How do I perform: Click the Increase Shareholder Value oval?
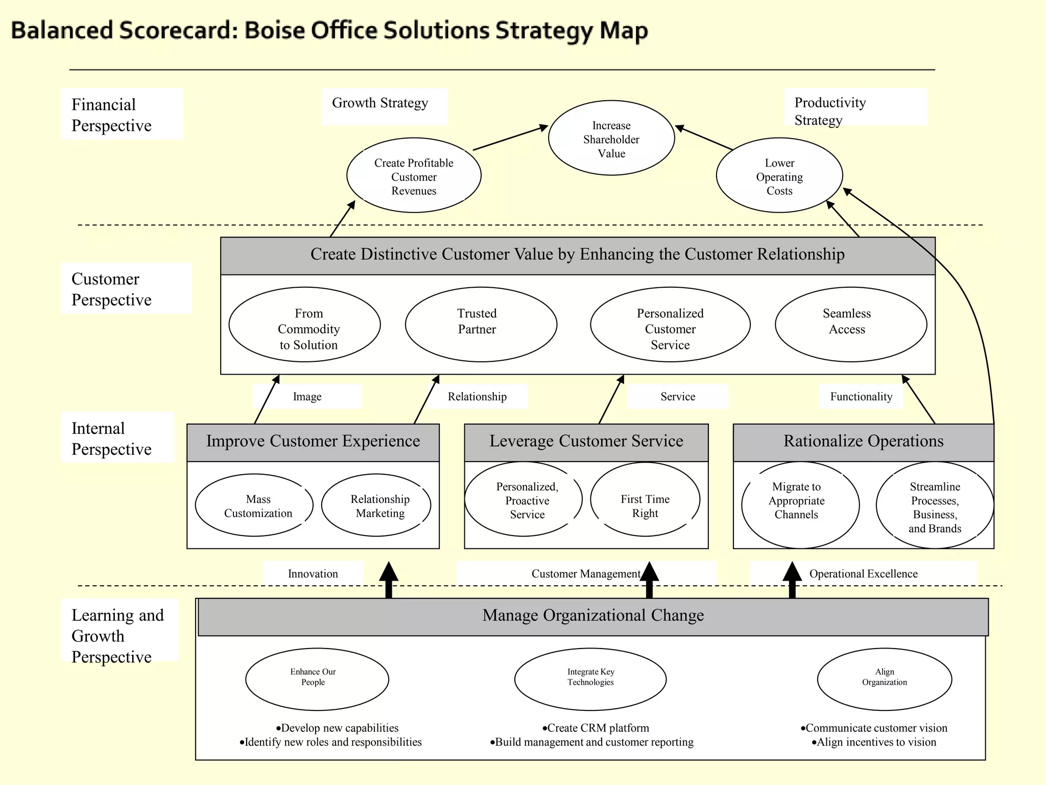coord(611,138)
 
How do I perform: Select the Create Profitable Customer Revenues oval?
coord(414,176)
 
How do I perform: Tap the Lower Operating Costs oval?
coord(779,176)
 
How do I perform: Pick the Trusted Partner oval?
coord(481,324)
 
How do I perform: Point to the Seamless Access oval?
coord(850,324)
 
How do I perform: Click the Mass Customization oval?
coord(254,505)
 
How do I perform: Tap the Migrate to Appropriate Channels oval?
coord(800,504)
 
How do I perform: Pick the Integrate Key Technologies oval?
coord(590,679)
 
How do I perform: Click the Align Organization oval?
coord(885,679)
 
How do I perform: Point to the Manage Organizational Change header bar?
coord(593,616)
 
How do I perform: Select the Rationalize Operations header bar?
coord(863,442)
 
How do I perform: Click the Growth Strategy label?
coord(380,104)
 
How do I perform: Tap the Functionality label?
coord(861,397)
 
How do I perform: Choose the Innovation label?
coord(313,574)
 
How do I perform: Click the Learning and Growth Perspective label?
coord(117,636)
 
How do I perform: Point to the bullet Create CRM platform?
coord(596,728)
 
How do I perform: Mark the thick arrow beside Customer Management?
coord(649,580)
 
